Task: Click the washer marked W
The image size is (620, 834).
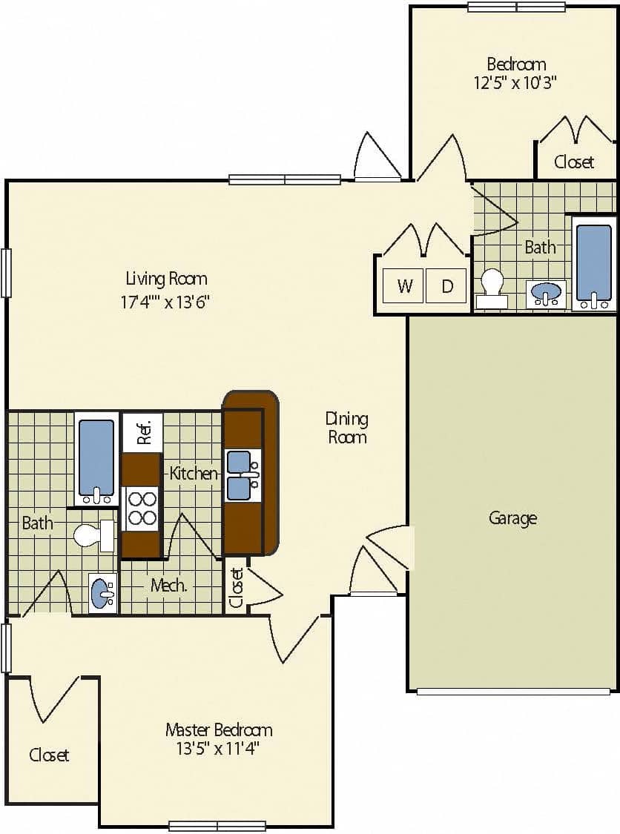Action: coord(404,285)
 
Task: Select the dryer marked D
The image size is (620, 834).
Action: coord(446,285)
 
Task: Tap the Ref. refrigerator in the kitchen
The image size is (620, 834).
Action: coord(142,430)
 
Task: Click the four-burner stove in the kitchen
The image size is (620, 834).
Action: coord(142,508)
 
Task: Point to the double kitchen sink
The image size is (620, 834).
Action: coord(243,475)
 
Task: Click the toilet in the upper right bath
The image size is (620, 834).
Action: coord(492,288)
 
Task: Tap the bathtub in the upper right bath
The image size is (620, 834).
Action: coord(594,263)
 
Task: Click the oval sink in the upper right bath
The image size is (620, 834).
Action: coord(547,294)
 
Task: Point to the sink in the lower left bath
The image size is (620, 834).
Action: coord(103,592)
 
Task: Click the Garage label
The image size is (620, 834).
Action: coord(512,517)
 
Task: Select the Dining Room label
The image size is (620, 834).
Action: coord(347,428)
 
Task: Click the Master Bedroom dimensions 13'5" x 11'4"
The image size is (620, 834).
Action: coord(219,748)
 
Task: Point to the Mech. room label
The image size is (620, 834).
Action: coord(168,585)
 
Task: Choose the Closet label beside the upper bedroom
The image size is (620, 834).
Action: coord(574,162)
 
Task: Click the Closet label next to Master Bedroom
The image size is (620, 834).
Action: coord(49,755)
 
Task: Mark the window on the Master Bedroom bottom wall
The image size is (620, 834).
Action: coord(217,826)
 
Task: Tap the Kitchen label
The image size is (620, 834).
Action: coord(194,473)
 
